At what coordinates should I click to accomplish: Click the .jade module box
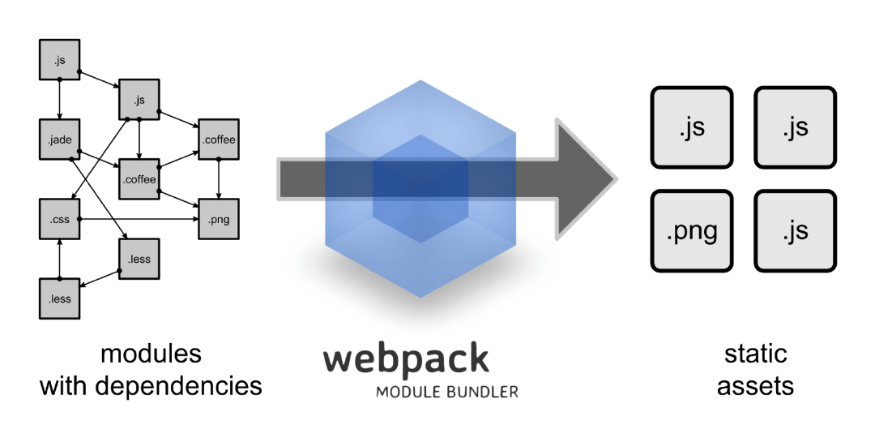pos(60,140)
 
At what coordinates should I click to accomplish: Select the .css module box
pos(60,219)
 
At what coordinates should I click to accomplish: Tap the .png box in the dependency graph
pos(219,219)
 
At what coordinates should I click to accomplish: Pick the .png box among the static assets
pos(692,231)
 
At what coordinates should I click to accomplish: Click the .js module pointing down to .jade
pos(60,60)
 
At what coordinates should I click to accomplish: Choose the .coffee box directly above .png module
pos(219,140)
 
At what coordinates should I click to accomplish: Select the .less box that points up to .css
pos(60,298)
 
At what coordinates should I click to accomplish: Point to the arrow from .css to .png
pos(139,219)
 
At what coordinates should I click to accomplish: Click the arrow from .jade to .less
pos(96,199)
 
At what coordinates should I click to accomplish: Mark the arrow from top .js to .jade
pos(60,100)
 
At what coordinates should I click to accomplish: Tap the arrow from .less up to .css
pos(60,260)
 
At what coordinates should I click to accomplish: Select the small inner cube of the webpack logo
pos(420,189)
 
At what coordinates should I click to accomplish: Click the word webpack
pos(406,359)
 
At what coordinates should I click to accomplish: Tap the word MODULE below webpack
pos(408,392)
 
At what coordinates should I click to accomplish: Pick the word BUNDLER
pos(481,392)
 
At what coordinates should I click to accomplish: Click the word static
pos(756,354)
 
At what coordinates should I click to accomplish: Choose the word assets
pos(756,386)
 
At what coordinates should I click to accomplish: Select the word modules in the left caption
pos(152,354)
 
